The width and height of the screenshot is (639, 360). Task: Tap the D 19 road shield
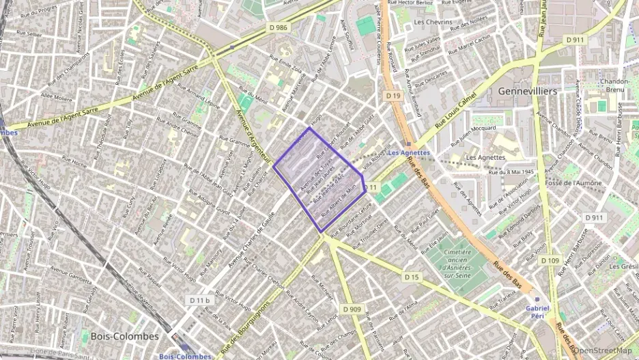coord(392,96)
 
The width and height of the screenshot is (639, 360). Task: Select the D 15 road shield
coord(411,277)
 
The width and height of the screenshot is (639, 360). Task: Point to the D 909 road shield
coord(352,309)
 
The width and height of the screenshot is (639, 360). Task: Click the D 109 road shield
coord(550,260)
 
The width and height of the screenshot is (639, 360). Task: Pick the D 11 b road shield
coord(199,300)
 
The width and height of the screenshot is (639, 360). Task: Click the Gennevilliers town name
coord(528,91)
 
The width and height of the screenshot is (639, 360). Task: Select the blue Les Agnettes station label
coord(408,152)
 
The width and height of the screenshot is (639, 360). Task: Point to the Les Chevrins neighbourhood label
coord(433,22)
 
